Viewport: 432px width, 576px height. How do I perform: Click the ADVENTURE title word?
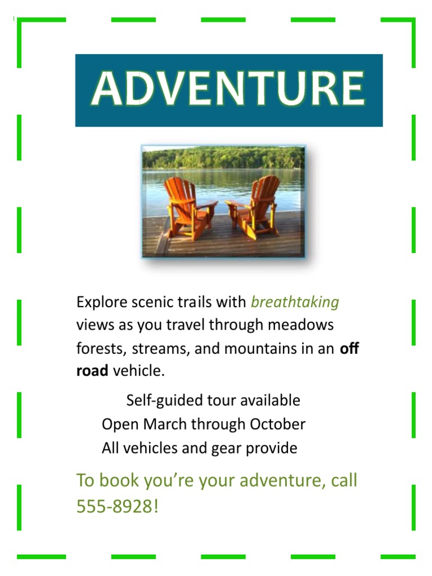pyautogui.click(x=228, y=89)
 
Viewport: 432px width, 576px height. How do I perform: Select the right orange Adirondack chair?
pyautogui.click(x=256, y=205)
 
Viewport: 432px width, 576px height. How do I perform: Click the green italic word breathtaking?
pyautogui.click(x=295, y=303)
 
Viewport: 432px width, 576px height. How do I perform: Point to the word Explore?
pyautogui.click(x=99, y=303)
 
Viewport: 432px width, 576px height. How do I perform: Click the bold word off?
pyautogui.click(x=349, y=348)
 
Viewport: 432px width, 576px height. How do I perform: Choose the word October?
pyautogui.click(x=277, y=424)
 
